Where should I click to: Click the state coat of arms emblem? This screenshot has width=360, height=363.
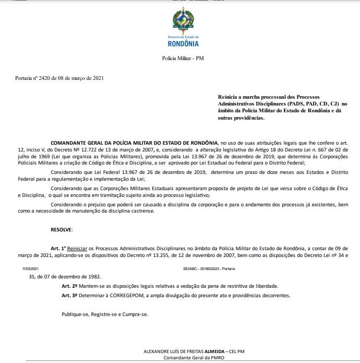tap(183, 21)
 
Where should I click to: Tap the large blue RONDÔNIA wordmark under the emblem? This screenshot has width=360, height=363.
tap(183, 43)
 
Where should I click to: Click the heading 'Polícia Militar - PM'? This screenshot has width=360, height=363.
tap(183, 58)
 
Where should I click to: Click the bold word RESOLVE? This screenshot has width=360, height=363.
tap(62, 230)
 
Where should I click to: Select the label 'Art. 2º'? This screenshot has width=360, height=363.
tap(69, 286)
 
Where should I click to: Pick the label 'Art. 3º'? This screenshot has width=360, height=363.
tap(69, 295)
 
